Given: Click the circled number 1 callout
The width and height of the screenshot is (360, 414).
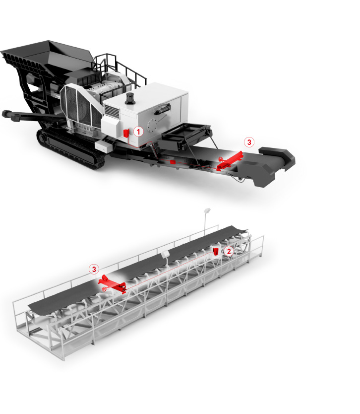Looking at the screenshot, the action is [138, 132].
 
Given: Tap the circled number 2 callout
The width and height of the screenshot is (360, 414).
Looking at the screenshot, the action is [229, 251].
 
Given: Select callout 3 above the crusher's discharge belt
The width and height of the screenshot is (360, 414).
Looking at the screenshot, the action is [249, 142].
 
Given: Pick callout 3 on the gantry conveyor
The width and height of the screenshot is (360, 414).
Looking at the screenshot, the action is [94, 270].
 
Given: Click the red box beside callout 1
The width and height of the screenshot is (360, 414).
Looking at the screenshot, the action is [126, 133].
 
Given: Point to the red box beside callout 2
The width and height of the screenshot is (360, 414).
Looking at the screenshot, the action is [216, 251].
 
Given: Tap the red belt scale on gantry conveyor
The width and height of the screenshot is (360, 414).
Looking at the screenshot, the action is [112, 284].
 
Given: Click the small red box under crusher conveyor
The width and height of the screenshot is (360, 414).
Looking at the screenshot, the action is [173, 162].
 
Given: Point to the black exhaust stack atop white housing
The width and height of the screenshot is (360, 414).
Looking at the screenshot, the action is [130, 98].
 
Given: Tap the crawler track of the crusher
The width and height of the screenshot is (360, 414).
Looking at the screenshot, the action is [70, 148].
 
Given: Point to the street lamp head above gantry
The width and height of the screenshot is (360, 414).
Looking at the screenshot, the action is [207, 210].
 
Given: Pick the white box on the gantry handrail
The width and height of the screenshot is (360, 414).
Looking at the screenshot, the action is [165, 254].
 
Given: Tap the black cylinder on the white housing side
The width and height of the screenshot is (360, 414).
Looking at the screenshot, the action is [162, 109].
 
